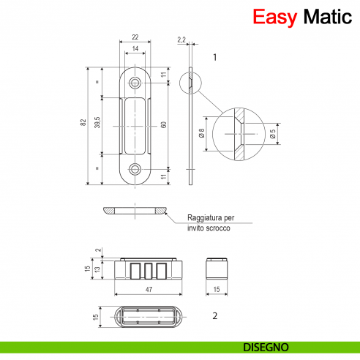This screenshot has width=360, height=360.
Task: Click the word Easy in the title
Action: (x=273, y=18)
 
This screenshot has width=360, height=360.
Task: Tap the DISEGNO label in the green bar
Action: (x=265, y=346)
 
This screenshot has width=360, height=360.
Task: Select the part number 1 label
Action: (x=214, y=56)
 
